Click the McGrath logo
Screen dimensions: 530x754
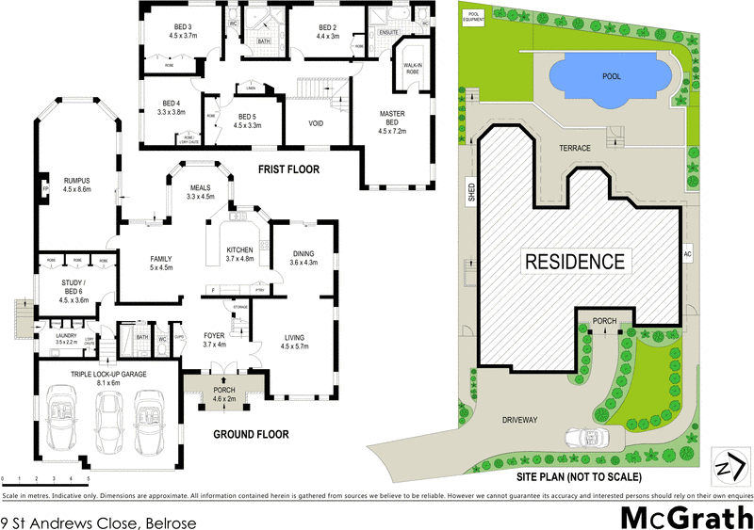click(x=685, y=517)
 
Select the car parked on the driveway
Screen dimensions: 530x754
click(x=586, y=438)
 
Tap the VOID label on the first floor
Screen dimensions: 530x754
click(x=317, y=123)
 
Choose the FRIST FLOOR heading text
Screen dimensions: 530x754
click(x=288, y=169)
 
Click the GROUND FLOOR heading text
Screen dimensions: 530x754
click(x=250, y=434)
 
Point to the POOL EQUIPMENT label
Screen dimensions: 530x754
click(x=473, y=18)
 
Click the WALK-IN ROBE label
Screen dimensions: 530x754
click(x=412, y=68)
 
